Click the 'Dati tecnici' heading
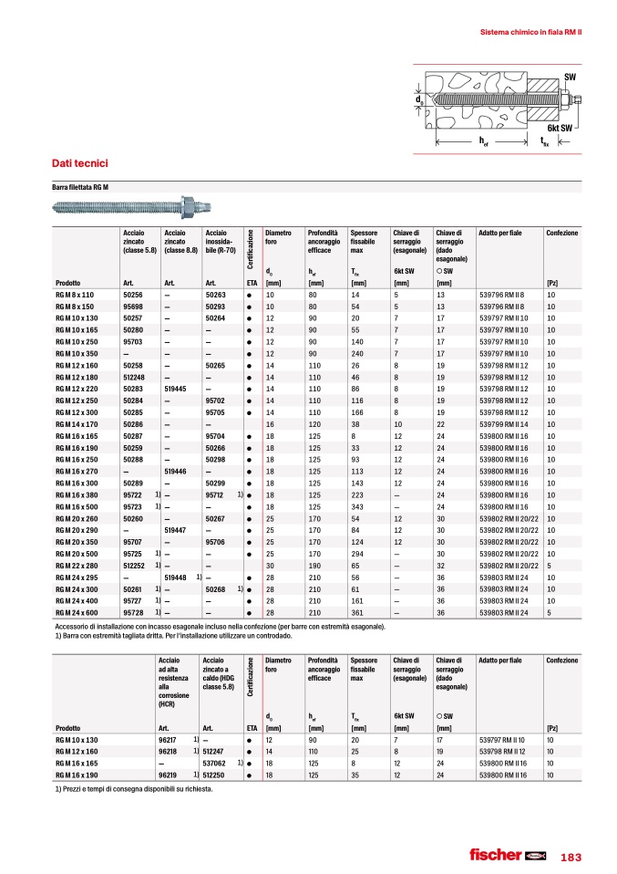[x=80, y=163]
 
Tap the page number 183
[x=571, y=856]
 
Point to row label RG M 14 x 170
[x=76, y=425]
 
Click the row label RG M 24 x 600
[x=76, y=613]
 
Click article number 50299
[x=216, y=483]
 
